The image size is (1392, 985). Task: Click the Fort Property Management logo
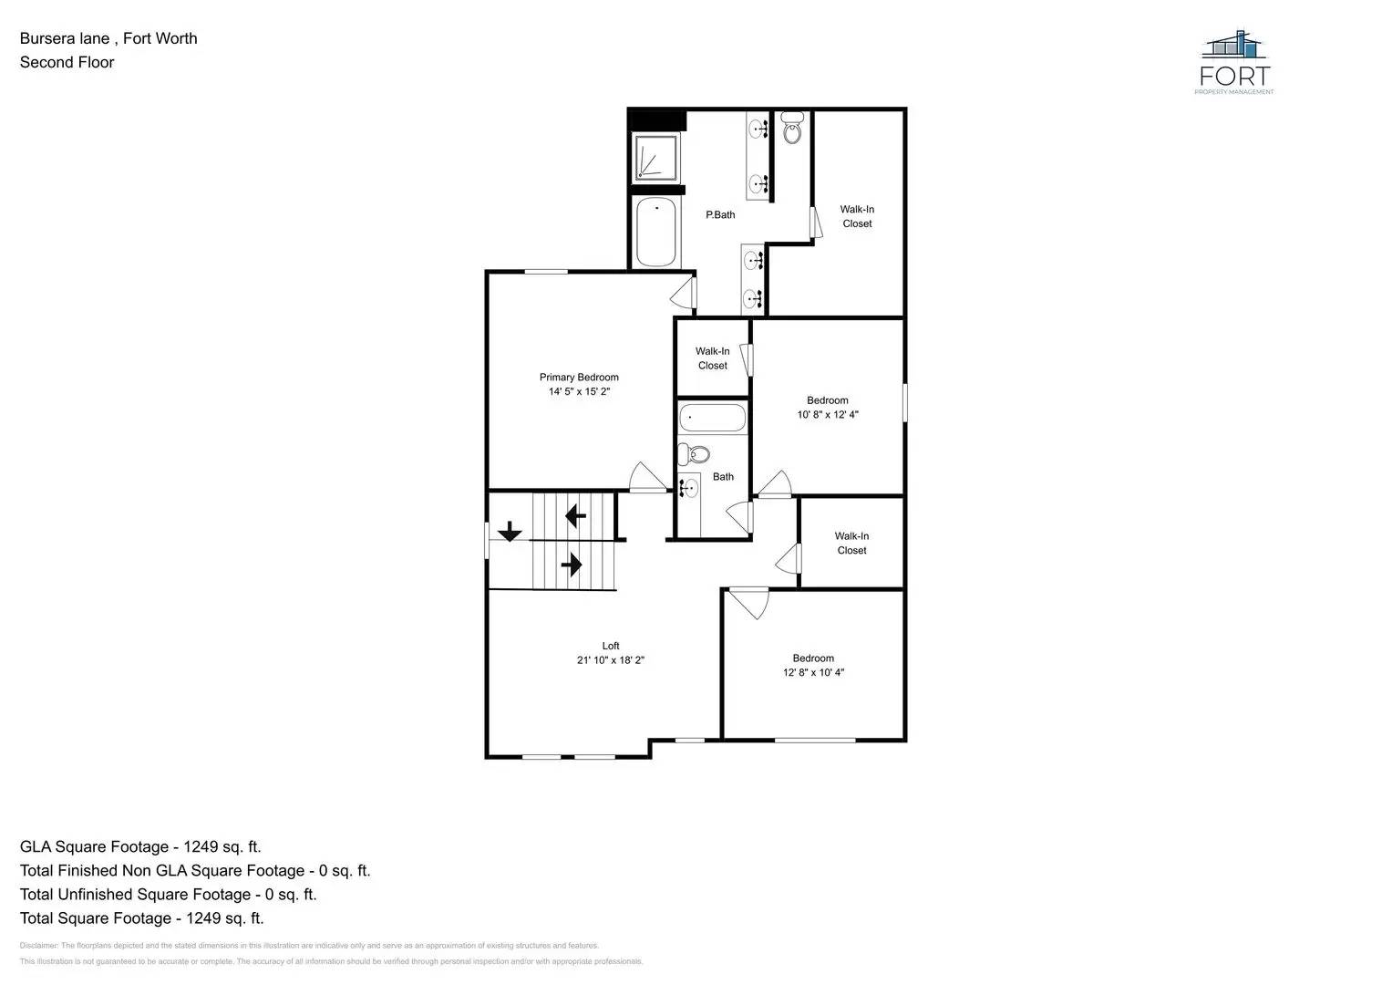point(1235,62)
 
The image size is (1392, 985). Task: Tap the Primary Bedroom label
point(579,378)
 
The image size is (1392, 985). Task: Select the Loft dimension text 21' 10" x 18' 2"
point(610,660)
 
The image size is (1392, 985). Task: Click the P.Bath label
point(720,215)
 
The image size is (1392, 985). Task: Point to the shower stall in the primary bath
point(655,158)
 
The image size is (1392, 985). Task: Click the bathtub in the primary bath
point(655,233)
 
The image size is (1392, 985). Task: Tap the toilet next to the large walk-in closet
point(792,130)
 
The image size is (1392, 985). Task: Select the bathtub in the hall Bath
point(712,419)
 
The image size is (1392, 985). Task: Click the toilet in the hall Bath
point(696,454)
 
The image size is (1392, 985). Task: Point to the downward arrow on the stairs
point(509,531)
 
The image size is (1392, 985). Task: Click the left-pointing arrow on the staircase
point(575,516)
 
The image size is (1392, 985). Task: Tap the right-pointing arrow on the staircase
point(572,565)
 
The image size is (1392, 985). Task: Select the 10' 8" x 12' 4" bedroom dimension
point(828,415)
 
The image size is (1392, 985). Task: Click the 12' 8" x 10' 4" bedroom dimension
point(813,673)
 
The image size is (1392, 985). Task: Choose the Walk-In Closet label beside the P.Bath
point(857,216)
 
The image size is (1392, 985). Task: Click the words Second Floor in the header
point(67,63)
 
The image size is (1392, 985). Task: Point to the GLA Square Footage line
point(140,847)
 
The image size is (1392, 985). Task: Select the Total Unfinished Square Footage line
point(169,895)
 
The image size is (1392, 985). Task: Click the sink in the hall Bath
point(689,489)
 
